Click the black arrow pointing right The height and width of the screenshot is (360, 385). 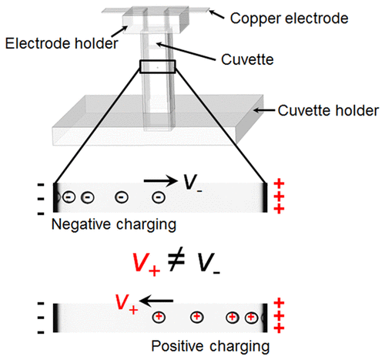161,182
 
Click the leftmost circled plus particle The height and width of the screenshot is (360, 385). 159,317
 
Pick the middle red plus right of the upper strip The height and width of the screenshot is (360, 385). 278,197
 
